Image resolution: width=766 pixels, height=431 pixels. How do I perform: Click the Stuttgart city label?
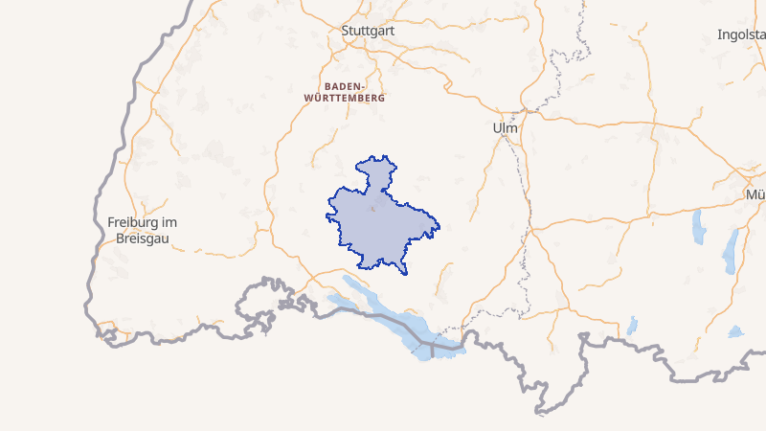click(x=369, y=31)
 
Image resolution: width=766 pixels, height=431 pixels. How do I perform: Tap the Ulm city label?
click(x=504, y=127)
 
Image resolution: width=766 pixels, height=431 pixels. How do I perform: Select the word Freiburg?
click(x=134, y=221)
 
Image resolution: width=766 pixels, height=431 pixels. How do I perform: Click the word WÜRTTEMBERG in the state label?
click(x=344, y=98)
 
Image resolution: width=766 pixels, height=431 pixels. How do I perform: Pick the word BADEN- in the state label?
click(x=344, y=85)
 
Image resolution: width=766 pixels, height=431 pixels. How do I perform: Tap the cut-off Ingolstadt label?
click(x=741, y=34)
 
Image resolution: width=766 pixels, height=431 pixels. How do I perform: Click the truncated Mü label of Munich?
click(x=755, y=194)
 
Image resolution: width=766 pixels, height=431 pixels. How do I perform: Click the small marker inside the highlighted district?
click(x=372, y=208)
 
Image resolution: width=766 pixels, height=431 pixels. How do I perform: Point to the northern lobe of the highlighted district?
click(x=375, y=172)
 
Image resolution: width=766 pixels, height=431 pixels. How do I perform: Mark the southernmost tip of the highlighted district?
click(x=404, y=273)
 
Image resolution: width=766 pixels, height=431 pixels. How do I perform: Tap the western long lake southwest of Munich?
click(x=698, y=228)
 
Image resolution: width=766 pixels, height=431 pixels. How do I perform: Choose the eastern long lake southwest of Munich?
click(x=732, y=251)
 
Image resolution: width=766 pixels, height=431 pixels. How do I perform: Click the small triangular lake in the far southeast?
click(x=734, y=331)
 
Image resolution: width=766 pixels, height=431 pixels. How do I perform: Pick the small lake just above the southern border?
click(x=632, y=326)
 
